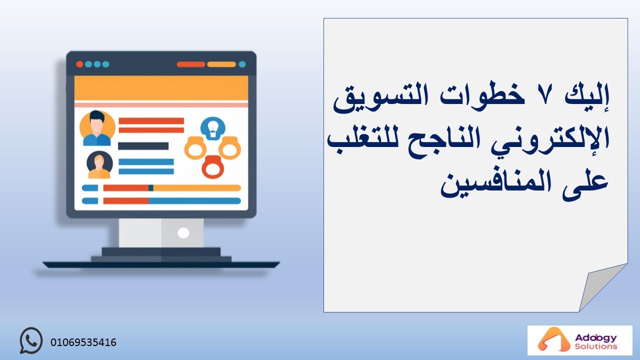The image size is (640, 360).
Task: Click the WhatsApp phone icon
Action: point(31,340)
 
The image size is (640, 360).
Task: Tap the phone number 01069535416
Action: point(83,342)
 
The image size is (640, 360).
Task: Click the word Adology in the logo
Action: point(595,338)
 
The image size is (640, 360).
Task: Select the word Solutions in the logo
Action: point(595,346)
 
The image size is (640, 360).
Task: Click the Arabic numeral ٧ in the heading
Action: point(544,96)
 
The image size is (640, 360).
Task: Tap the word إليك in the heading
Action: point(586,95)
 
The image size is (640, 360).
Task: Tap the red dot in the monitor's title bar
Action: point(79,64)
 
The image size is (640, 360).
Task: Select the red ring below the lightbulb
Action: point(213,167)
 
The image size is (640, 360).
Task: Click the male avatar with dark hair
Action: point(97,128)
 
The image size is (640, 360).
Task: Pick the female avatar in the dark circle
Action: point(99,165)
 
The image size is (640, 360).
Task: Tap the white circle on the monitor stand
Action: point(183,233)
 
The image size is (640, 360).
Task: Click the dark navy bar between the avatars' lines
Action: point(143,146)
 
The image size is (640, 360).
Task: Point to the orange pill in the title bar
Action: point(221,64)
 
